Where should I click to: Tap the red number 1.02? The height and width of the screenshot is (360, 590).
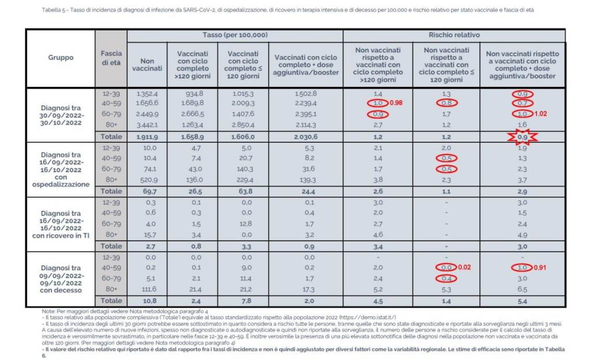click(540, 114)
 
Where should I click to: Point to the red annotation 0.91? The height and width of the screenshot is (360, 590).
click(540, 267)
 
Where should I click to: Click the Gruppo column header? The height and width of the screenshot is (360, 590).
click(60, 58)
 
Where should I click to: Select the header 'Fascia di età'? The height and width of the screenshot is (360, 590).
click(111, 58)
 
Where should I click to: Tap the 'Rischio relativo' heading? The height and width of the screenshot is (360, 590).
click(454, 35)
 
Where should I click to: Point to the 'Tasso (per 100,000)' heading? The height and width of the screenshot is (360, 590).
click(235, 35)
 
